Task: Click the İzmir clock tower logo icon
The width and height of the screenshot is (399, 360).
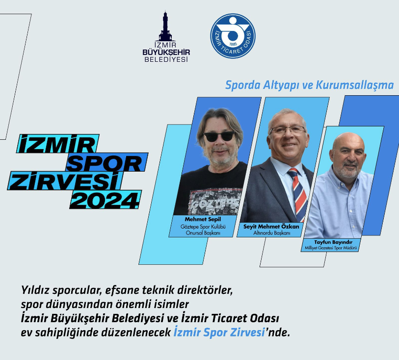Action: point(166,26)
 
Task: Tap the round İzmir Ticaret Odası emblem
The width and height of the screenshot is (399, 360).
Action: point(233,36)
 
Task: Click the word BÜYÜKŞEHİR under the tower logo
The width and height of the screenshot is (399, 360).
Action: point(166,52)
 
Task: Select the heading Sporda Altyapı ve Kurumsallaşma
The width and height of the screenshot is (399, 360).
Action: point(309,85)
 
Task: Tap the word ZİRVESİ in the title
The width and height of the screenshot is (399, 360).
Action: point(64,181)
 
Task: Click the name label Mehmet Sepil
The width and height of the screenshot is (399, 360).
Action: point(203,219)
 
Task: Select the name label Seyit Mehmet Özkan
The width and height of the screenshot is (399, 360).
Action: point(271,226)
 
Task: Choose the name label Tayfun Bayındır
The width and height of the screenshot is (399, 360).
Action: point(333,242)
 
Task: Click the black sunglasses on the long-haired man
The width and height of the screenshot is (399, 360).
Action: point(219,136)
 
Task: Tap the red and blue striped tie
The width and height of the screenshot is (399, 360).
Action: point(298,193)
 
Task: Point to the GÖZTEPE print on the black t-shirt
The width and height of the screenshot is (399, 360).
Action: point(215,204)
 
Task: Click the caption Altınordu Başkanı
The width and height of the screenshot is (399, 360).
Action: point(272,232)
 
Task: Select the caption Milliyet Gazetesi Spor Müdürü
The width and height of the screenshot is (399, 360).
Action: point(331,248)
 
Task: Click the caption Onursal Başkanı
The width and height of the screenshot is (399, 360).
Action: point(203,232)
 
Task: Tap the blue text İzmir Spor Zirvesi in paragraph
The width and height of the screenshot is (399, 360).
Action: point(219,333)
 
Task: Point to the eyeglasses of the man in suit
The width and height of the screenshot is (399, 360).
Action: point(288,130)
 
